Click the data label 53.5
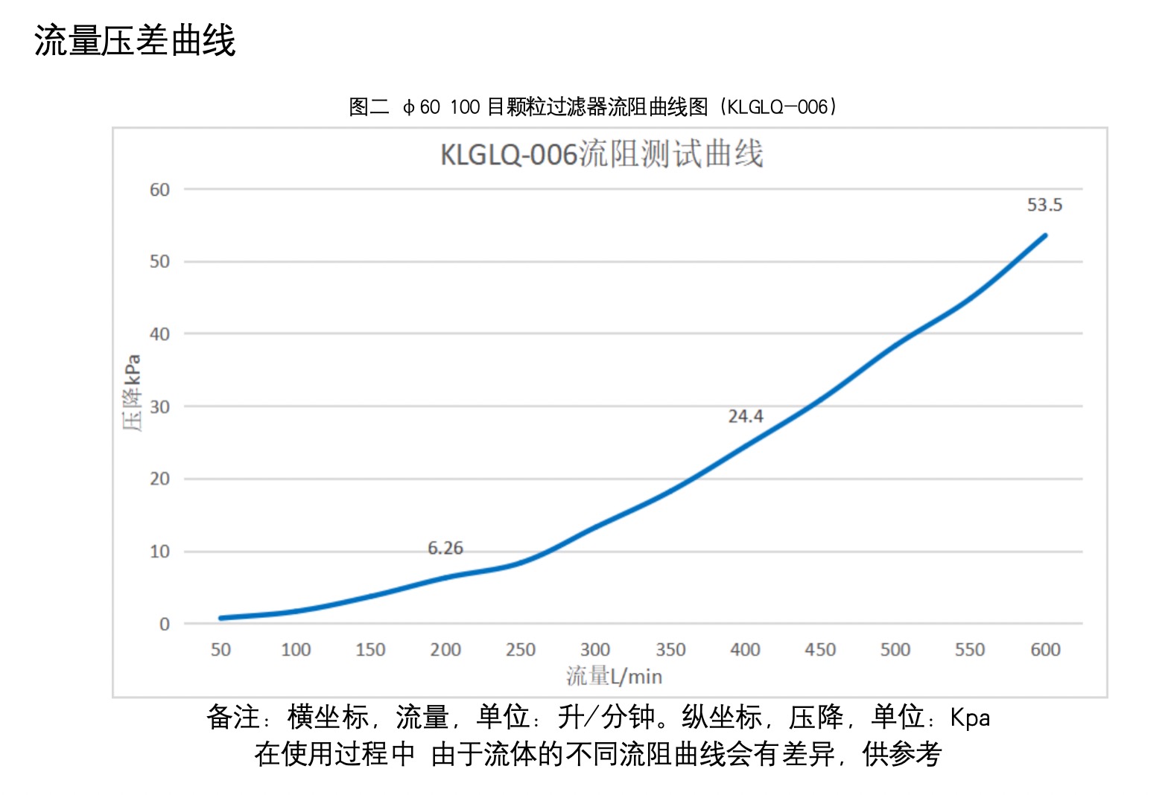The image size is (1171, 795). coord(1044,205)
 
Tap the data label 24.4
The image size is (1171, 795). coord(746,416)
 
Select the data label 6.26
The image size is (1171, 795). coord(445,548)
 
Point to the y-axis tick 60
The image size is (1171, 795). coord(159,190)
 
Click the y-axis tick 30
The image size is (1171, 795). coord(159,407)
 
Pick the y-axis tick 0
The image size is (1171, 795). coord(164,625)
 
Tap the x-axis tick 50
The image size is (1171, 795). coord(220,650)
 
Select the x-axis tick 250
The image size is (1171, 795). coord(520,650)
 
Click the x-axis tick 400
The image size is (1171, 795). coord(745,650)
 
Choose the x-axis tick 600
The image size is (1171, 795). coord(1045,650)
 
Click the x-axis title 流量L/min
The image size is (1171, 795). coord(614,676)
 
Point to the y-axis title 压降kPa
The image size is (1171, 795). coord(132,392)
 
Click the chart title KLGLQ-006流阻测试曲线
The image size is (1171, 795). coord(601,154)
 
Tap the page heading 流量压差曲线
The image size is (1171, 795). coord(135,40)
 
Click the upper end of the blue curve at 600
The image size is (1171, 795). coord(1045,236)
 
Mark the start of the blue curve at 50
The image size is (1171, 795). coord(221,618)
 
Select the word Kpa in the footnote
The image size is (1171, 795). coord(970,718)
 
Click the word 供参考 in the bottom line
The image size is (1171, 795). coord(902,754)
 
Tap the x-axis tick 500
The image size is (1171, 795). coord(895,650)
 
